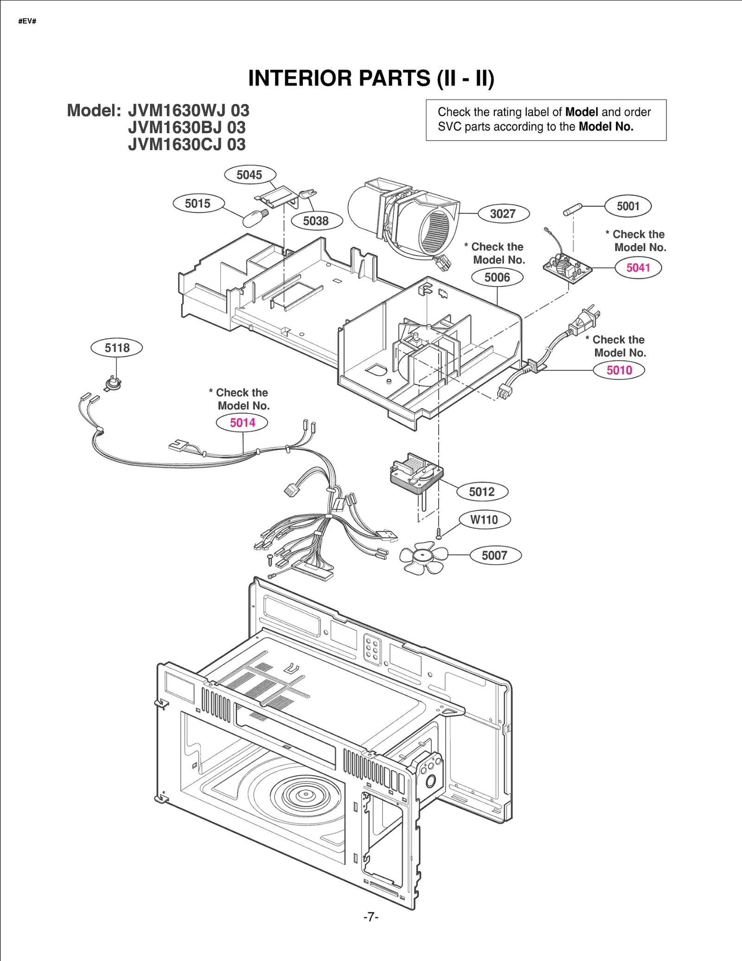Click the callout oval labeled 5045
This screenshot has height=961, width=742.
(249, 175)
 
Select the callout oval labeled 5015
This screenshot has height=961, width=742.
(198, 204)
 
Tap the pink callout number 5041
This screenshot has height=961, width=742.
(638, 267)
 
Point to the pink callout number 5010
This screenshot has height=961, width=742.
(619, 370)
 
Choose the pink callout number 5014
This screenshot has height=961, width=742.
(242, 422)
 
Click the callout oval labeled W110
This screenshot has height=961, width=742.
(484, 520)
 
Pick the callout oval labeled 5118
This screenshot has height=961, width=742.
(117, 348)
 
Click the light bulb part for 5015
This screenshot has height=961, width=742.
(255, 218)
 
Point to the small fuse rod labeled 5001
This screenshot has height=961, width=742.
(573, 210)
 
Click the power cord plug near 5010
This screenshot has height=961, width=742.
(585, 320)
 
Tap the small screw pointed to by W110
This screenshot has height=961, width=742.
(439, 534)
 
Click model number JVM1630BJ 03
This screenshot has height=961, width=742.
(186, 127)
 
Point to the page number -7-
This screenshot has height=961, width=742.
(371, 916)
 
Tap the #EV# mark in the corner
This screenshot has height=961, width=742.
(27, 21)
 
